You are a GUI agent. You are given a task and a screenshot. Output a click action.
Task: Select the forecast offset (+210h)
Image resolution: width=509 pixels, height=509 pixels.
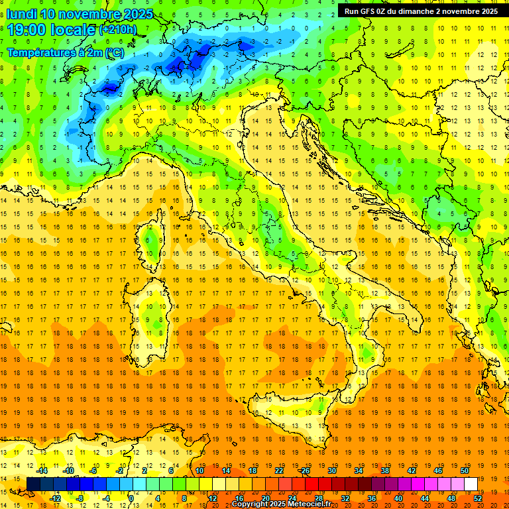pos(118,30)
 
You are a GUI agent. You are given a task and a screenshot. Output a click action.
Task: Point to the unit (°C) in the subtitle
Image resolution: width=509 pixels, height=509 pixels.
pos(114,52)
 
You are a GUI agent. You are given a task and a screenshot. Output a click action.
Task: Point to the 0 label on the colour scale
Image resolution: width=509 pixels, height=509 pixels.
pos(131,498)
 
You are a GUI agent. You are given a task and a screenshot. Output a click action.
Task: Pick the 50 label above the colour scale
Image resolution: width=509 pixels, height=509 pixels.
pos(465,471)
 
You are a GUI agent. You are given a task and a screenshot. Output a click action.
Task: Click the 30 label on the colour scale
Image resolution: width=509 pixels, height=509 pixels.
pos(331,471)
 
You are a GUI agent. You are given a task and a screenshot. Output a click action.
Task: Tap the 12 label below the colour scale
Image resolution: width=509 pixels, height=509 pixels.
pos(212,498)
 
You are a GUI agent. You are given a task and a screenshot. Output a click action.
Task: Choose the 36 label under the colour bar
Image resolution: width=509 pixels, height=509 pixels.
pos(371,498)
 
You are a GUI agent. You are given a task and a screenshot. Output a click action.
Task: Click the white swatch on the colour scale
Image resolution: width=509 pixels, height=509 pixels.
pos(471,484)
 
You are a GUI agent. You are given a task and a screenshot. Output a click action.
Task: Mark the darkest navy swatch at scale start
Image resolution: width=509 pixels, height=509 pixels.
pos(33,484)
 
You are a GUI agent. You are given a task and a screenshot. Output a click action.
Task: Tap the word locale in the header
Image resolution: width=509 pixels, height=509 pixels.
pos(72,30)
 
